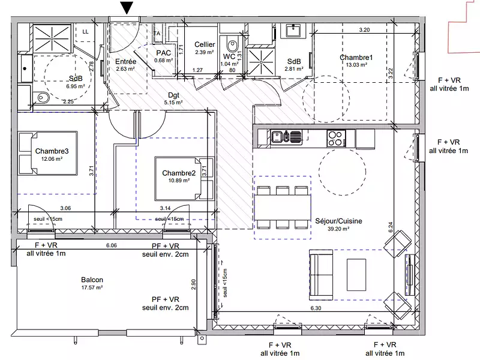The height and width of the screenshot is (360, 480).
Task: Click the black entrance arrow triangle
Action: tap(127, 7)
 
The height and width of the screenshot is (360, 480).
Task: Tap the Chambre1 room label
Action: tap(356, 58)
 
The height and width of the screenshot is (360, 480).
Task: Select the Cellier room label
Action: tap(205, 44)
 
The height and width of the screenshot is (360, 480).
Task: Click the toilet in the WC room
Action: tap(231, 46)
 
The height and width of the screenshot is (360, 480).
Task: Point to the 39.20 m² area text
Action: tap(338, 229)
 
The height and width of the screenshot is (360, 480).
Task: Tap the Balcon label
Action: tap(92, 280)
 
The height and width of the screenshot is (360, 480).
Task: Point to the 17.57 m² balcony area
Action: tap(92, 287)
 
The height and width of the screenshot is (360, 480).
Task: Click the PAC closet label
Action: tap(163, 52)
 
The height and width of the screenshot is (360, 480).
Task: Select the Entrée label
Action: tap(126, 61)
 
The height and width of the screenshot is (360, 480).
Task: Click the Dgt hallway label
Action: tap(174, 95)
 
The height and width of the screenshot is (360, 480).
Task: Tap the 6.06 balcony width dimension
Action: tap(111, 245)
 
